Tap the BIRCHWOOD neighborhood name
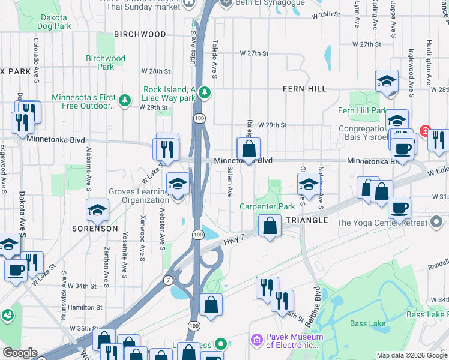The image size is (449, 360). click(x=139, y=35)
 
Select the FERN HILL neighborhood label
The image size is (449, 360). click(x=304, y=89)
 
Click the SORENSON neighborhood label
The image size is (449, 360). click(x=95, y=229)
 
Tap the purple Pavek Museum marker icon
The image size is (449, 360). click(x=256, y=340)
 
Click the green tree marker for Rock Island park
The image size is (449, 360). click(x=205, y=92)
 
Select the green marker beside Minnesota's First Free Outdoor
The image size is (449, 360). click(x=125, y=100)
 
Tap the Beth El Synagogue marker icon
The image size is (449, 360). click(x=226, y=2)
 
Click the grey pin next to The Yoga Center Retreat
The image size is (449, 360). click(x=438, y=223)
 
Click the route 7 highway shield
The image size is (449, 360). click(x=168, y=280)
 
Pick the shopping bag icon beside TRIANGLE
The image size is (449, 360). click(x=270, y=226)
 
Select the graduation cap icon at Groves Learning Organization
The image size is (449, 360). click(x=178, y=184)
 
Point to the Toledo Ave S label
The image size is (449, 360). click(x=215, y=59)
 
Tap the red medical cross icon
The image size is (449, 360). click(x=426, y=130)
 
